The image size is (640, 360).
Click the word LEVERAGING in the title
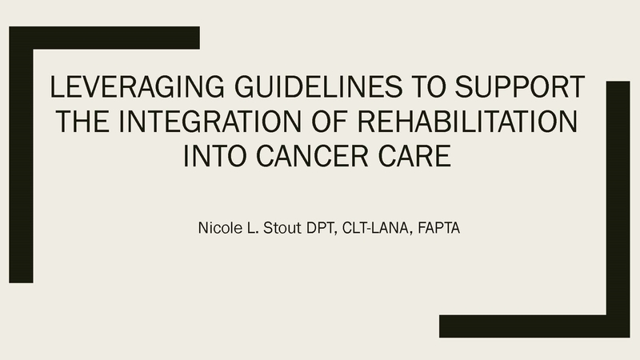[137, 86]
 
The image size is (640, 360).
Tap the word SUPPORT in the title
[519, 86]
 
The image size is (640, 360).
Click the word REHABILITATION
[468, 122]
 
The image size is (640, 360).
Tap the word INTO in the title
[214, 156]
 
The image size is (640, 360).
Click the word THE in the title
[83, 122]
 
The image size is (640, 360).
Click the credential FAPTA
[438, 228]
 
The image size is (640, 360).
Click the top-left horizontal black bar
[105, 38]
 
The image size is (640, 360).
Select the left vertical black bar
[21, 166]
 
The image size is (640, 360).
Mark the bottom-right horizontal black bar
[534, 326]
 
